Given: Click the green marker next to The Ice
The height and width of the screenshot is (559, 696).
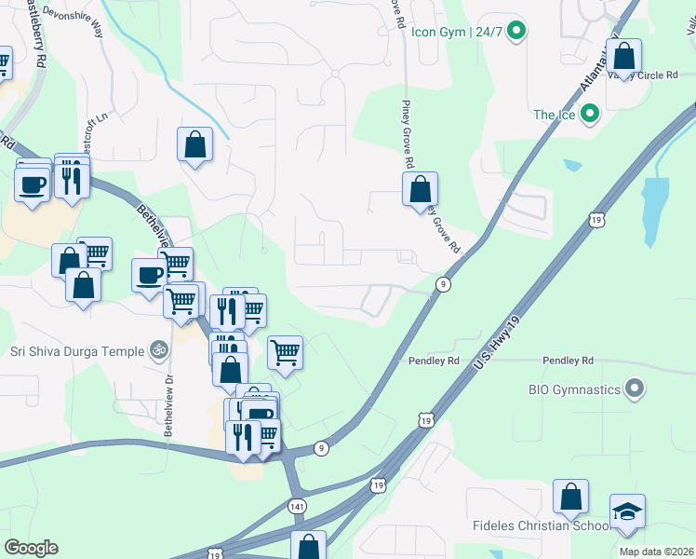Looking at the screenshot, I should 588,115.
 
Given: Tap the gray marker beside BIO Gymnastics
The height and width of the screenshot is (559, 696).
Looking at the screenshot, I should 636,388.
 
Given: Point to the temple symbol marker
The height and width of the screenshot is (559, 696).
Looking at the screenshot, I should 159,351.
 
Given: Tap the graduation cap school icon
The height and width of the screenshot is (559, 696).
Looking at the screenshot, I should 627,511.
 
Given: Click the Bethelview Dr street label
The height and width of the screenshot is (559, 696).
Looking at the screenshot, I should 168,407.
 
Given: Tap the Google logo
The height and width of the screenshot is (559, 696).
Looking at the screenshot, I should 31,548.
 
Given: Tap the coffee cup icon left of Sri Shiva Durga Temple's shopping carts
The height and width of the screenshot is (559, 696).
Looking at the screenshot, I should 150,275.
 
